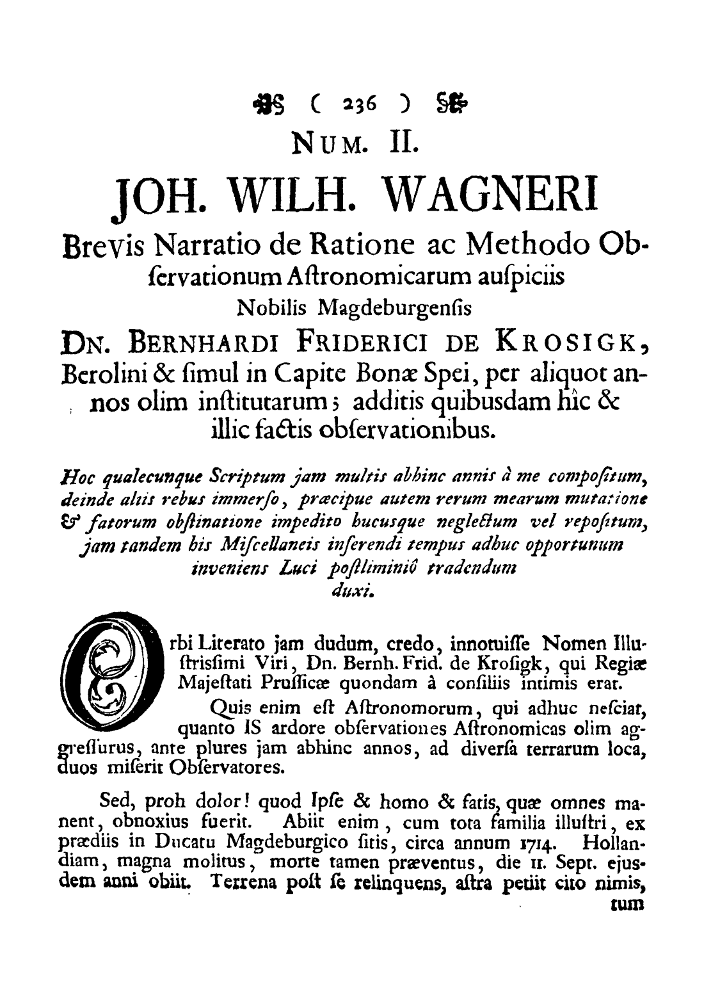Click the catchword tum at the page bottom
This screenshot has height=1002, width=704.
tap(625, 906)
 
